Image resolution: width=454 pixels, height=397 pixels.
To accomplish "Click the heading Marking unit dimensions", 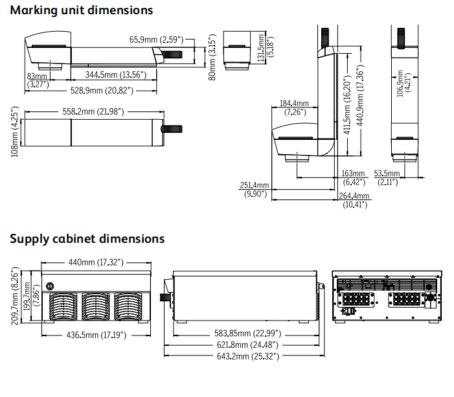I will [82, 10].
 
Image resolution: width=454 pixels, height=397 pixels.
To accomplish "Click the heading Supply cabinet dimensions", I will [87, 238].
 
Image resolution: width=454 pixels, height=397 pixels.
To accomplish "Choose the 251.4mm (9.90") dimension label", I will [255, 189].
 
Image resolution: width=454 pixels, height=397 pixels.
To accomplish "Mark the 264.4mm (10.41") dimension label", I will [354, 200].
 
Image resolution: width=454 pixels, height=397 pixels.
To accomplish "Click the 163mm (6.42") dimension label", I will [354, 177].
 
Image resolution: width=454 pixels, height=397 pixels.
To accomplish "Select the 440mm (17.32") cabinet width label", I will [96, 262].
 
